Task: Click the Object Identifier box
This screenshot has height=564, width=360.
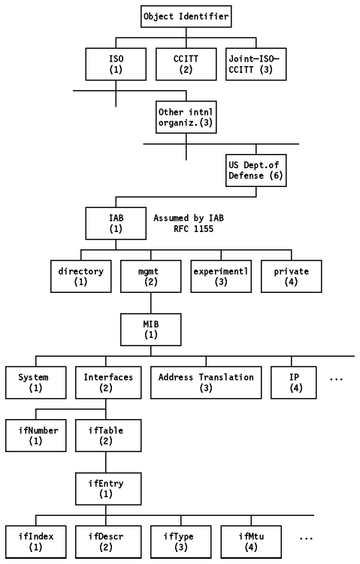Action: (186, 17)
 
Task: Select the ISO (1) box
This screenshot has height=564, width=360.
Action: (116, 64)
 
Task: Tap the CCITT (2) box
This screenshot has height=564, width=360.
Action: (186, 64)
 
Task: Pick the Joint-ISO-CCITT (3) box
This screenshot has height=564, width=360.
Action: (256, 64)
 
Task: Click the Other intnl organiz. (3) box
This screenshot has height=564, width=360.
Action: (186, 117)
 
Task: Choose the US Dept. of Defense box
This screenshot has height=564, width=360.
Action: (256, 170)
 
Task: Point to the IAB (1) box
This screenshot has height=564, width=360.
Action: (116, 223)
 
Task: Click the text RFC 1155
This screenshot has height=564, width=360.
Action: (194, 229)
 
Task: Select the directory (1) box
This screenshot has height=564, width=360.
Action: (81, 276)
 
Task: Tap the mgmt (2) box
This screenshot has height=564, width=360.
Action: (151, 276)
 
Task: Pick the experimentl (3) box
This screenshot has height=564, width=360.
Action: (221, 276)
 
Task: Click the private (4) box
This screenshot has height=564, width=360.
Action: (292, 276)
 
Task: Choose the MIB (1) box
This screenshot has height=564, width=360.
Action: (151, 330)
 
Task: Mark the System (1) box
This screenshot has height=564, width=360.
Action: (36, 383)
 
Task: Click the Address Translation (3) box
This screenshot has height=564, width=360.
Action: (206, 383)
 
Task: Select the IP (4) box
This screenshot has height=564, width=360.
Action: (294, 383)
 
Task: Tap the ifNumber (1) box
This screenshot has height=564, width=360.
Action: (36, 436)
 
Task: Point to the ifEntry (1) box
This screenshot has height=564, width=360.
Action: (108, 489)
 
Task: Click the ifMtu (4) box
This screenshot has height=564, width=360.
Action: (251, 541)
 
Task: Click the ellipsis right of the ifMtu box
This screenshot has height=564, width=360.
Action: (306, 538)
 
